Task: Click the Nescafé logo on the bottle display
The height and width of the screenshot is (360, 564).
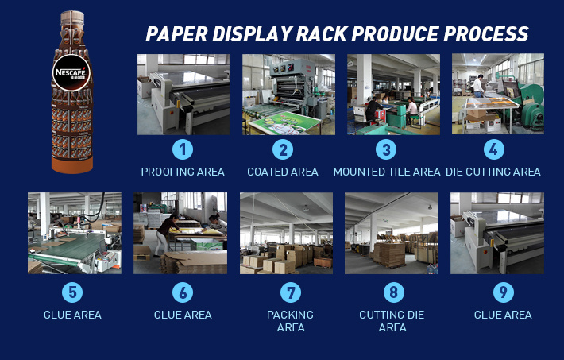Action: (71, 73)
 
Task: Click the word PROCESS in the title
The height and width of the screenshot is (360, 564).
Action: (485, 34)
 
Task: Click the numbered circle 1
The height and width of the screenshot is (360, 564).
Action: (183, 149)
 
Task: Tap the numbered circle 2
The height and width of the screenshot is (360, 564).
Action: (283, 149)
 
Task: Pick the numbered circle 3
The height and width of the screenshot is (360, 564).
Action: (386, 149)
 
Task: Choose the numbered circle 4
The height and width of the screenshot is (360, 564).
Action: (493, 149)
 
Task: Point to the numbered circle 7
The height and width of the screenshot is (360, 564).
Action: (291, 292)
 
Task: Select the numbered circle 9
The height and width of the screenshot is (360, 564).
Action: (503, 292)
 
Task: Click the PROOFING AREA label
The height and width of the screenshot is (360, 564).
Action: (183, 172)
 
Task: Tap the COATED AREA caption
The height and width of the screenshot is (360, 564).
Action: (283, 172)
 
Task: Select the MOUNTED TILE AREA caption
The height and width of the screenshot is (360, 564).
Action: (387, 172)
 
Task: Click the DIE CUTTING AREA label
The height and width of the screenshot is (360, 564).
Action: (493, 172)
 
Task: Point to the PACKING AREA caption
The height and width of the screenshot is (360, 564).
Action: (290, 321)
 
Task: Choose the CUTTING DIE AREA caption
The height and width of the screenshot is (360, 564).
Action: (392, 321)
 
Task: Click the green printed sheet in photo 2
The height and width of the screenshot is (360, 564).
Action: (285, 122)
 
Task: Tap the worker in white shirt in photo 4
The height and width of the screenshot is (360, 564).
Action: (478, 86)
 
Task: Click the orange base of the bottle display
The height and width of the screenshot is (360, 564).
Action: (72, 165)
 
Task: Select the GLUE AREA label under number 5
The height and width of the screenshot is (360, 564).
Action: (72, 315)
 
